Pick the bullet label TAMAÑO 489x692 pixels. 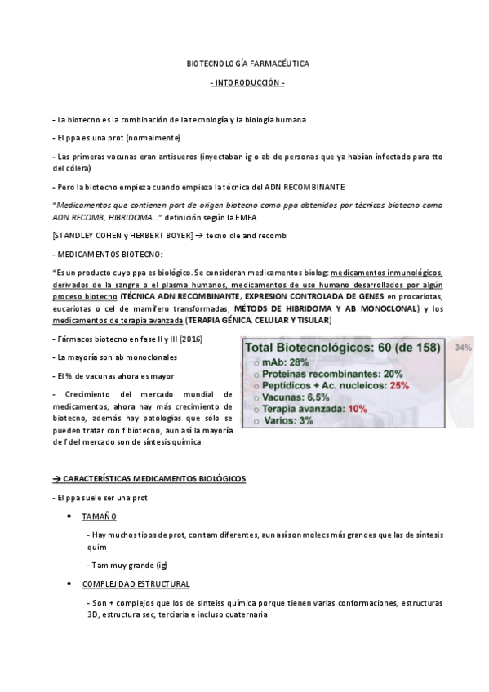[x=99, y=517]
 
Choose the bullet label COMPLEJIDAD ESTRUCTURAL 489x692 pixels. [x=136, y=584]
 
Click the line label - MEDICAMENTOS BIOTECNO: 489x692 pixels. [x=107, y=254]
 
